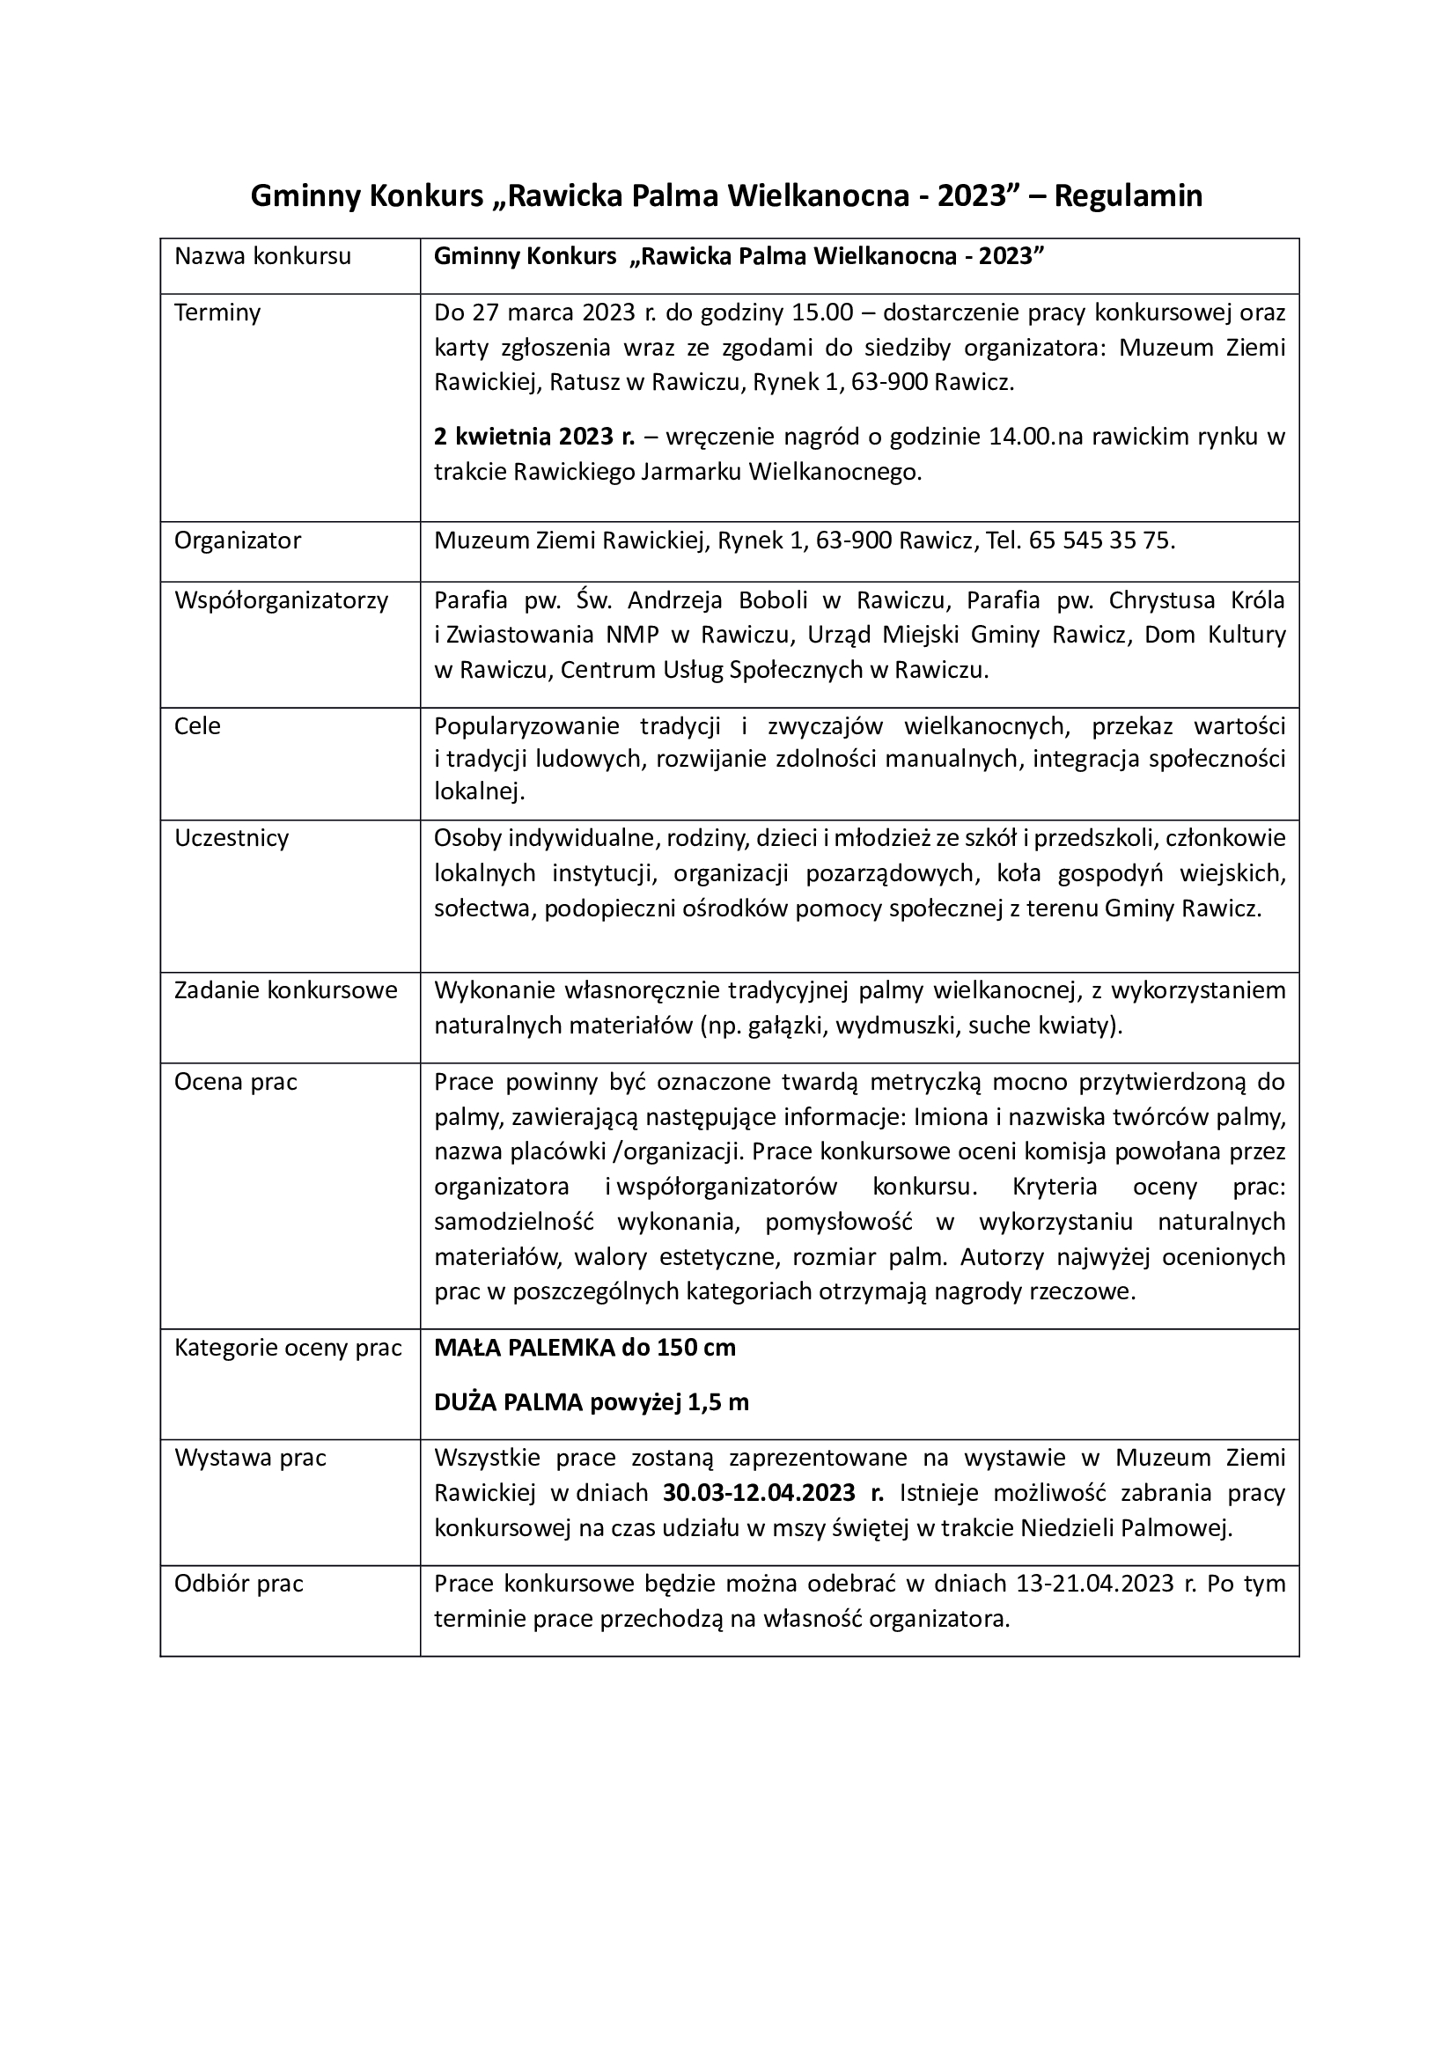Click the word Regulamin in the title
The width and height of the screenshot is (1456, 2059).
pyautogui.click(x=1128, y=195)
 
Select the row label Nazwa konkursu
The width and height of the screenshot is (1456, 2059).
pyautogui.click(x=262, y=256)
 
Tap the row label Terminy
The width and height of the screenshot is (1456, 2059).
pyautogui.click(x=217, y=313)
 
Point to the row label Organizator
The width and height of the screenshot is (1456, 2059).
pyautogui.click(x=238, y=540)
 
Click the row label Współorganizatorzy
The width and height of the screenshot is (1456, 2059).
pyautogui.click(x=282, y=600)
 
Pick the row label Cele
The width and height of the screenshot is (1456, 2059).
pyautogui.click(x=197, y=725)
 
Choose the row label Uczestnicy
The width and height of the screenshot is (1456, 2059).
pyautogui.click(x=232, y=839)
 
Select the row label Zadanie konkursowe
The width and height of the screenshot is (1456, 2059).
pyautogui.click(x=286, y=990)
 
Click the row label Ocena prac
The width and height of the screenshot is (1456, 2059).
pyautogui.click(x=236, y=1083)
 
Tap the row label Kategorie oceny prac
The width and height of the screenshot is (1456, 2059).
pyautogui.click(x=288, y=1348)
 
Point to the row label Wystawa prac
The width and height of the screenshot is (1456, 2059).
pyautogui.click(x=250, y=1458)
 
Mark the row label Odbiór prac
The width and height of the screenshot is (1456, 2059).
pyautogui.click(x=239, y=1584)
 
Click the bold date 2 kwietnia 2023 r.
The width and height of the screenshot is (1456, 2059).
pyautogui.click(x=534, y=437)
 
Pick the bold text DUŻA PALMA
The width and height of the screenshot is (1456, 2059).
pyautogui.click(x=509, y=1402)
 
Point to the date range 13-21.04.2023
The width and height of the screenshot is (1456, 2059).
pyautogui.click(x=1096, y=1584)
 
